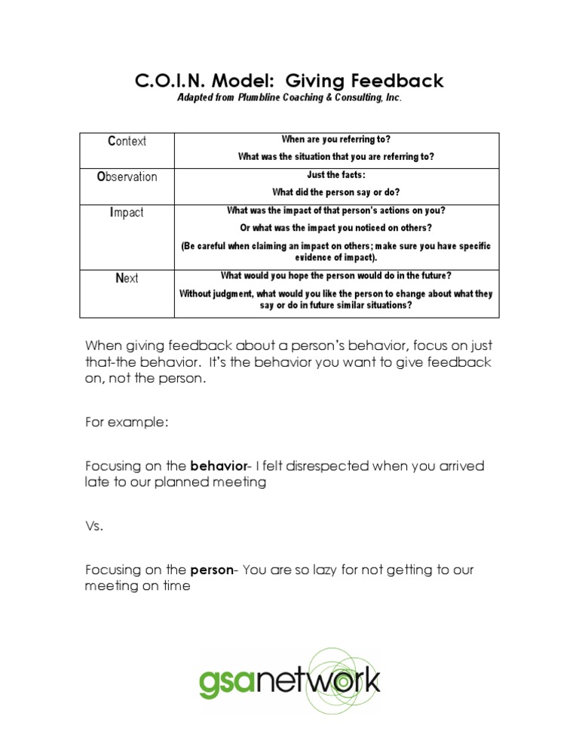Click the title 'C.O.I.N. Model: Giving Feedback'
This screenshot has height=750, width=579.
tap(289, 80)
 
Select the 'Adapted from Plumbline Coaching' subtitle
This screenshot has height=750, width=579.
tap(289, 98)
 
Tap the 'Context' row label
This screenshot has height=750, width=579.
tap(127, 141)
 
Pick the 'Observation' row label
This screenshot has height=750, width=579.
tap(127, 177)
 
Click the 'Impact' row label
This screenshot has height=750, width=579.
tap(127, 213)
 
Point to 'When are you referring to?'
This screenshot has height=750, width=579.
tap(335, 140)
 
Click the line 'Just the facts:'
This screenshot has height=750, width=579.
tap(335, 175)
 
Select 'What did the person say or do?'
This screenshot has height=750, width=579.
tap(335, 192)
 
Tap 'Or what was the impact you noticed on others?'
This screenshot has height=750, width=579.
tap(335, 228)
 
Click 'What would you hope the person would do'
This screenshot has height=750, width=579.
tap(335, 276)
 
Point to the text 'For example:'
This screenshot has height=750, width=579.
tap(127, 423)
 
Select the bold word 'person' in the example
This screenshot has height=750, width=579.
tap(211, 570)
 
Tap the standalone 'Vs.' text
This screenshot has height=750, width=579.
tap(93, 526)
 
